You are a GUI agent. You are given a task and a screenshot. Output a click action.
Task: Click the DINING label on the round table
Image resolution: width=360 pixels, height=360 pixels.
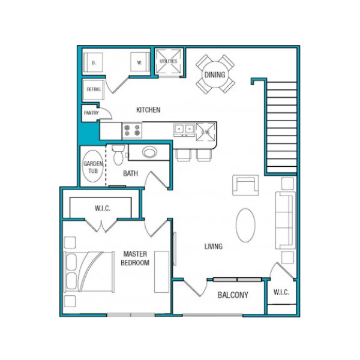215,74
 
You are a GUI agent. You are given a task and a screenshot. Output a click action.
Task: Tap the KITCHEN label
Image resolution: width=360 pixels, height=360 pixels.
148,110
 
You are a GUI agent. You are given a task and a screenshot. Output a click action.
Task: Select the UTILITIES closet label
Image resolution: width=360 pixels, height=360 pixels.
168,61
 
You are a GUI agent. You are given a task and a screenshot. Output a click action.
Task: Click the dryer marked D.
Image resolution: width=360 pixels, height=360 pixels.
93,62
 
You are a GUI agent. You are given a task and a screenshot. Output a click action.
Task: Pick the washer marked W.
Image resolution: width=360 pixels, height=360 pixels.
140,62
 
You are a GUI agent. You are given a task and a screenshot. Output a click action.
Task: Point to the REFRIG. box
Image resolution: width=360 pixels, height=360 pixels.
93,90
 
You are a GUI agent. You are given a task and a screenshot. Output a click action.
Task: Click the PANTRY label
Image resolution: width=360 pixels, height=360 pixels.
91,113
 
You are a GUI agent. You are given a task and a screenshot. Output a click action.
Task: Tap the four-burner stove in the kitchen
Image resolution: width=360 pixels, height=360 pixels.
132,130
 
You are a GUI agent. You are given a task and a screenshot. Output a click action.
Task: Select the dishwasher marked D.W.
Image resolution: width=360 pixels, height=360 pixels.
206,132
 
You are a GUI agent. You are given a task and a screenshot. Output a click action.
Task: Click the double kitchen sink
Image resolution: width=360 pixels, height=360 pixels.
184,129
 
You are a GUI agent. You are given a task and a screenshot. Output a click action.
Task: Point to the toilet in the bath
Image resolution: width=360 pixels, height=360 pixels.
118,155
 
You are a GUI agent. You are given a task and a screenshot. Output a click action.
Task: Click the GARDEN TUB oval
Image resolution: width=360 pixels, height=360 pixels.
93,166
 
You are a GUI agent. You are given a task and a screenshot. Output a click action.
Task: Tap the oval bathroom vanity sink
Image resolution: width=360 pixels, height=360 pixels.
149,152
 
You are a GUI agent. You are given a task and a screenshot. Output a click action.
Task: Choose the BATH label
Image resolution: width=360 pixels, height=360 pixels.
130,173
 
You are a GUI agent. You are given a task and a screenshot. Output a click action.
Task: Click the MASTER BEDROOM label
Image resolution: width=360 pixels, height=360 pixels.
135,258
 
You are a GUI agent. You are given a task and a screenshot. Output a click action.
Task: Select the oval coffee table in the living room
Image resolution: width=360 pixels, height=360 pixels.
245,226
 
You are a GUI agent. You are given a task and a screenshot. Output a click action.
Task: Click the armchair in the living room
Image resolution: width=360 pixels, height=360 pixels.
245,185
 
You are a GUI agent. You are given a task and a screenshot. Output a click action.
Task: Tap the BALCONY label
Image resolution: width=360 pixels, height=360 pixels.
233,295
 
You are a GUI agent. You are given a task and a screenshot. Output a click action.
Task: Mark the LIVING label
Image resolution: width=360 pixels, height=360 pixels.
214,247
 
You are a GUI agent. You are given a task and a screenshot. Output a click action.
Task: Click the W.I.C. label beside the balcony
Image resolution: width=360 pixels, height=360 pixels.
281,292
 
